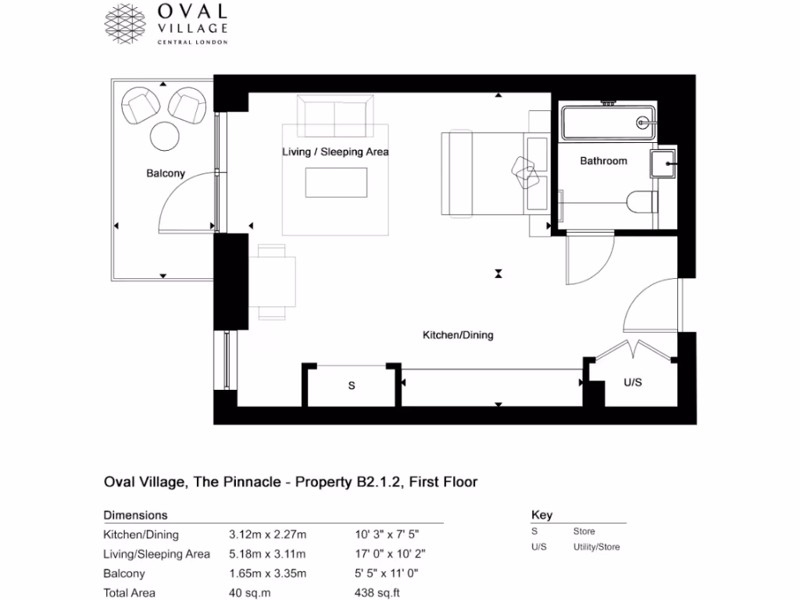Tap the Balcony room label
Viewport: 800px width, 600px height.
click(166, 173)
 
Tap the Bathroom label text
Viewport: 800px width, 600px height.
click(603, 161)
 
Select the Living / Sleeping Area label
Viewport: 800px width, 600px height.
click(335, 152)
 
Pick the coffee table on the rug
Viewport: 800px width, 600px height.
click(335, 184)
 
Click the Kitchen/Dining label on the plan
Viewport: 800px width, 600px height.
click(458, 335)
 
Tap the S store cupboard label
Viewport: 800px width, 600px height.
click(352, 386)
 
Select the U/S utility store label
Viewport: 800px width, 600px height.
click(633, 383)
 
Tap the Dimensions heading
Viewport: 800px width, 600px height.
click(135, 516)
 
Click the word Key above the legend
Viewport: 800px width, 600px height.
click(541, 515)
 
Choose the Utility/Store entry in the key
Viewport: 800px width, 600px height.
click(596, 547)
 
